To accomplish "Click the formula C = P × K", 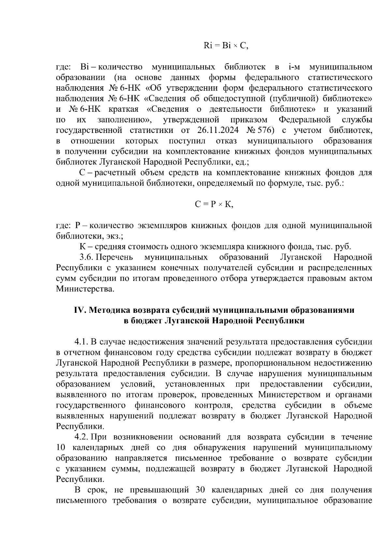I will (214, 204).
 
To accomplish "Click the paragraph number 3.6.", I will (87, 257).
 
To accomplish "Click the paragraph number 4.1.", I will (81, 342).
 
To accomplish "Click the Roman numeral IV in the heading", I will (80, 310).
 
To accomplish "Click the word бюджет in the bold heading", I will (146, 321).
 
